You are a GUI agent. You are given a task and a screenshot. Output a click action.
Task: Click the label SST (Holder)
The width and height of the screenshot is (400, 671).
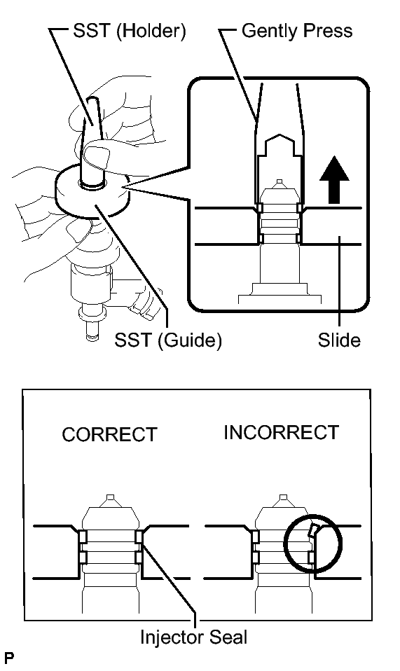(x=129, y=32)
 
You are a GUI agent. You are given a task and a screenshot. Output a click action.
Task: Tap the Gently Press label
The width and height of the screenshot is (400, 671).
(x=296, y=32)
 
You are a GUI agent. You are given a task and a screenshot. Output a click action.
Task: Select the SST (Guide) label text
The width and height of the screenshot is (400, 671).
(x=167, y=340)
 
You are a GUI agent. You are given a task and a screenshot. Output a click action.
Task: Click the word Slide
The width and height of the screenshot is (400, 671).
(x=338, y=340)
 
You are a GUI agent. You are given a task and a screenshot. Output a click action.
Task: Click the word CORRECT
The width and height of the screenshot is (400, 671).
(x=109, y=434)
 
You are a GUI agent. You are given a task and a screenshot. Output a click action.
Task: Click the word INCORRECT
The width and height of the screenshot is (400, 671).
(x=281, y=432)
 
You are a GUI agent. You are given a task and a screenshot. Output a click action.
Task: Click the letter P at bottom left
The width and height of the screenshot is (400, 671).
(x=8, y=658)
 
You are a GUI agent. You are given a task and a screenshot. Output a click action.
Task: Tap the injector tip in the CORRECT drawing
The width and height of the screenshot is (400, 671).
(x=109, y=499)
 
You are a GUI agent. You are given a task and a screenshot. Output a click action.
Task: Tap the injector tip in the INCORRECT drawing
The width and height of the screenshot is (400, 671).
(x=282, y=499)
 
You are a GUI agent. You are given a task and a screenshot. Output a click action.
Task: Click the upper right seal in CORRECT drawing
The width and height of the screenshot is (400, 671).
(x=138, y=537)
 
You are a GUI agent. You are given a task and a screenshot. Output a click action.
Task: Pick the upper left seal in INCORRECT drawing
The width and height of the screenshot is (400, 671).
(x=255, y=537)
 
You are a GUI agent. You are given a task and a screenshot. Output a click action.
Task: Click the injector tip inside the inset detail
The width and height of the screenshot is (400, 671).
(x=280, y=183)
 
